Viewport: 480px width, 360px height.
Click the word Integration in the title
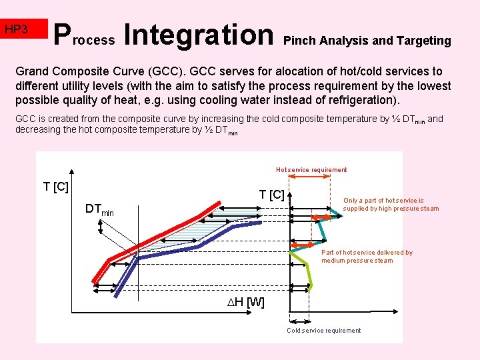[x=199, y=35]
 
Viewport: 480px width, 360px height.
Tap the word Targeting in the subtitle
[x=423, y=41]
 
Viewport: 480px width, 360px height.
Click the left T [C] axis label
[x=56, y=187]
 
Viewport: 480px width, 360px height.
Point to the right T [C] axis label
[x=271, y=194]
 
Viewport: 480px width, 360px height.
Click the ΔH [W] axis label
[x=246, y=303]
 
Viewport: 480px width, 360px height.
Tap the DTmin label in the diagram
[x=99, y=209]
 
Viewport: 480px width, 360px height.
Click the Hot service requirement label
[x=311, y=170]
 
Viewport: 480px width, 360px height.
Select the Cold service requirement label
[x=323, y=331]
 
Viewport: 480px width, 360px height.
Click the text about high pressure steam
[x=391, y=204]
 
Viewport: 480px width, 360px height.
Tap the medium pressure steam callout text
[x=367, y=257]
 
